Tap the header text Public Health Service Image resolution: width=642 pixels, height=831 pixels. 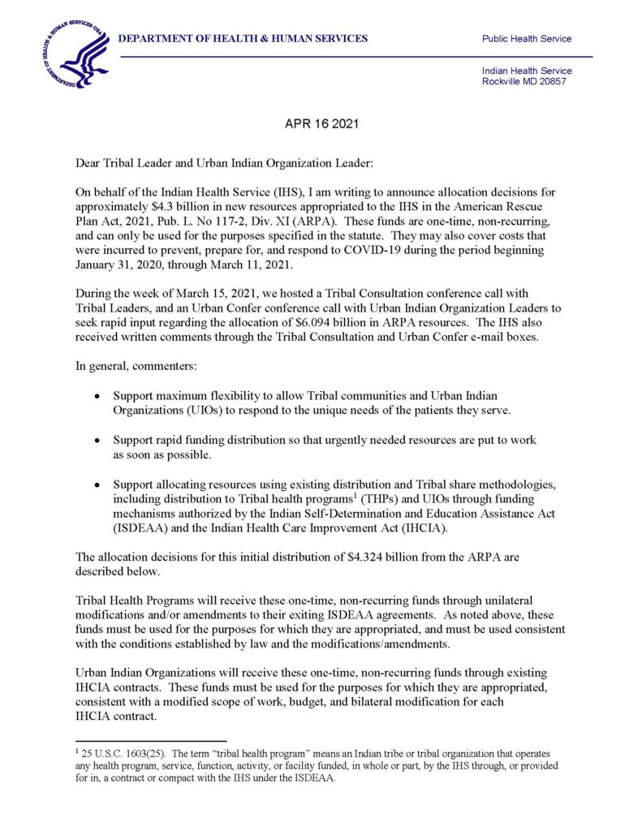[526, 39]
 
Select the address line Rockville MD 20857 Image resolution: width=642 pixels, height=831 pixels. [524, 82]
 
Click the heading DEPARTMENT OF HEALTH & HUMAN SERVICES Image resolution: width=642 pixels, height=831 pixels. [243, 39]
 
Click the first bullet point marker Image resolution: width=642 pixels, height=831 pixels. [97, 397]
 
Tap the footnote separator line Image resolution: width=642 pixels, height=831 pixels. [150, 740]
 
